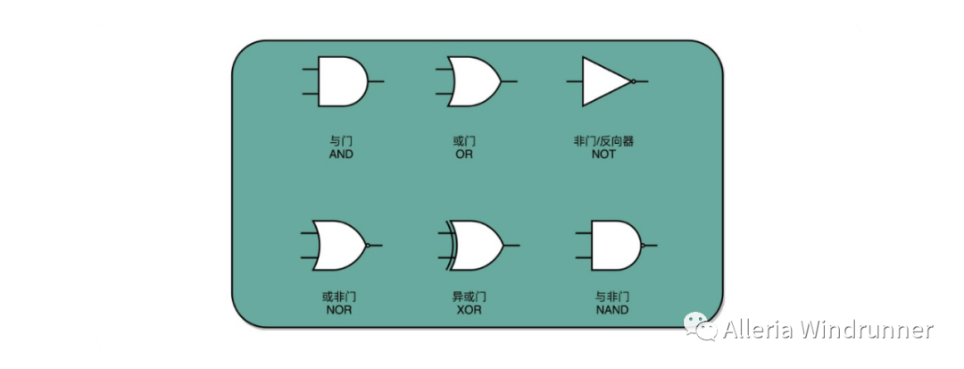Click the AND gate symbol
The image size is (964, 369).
[x=343, y=81]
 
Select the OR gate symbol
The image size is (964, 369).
[x=474, y=81]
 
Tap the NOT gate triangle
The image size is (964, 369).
[x=604, y=81]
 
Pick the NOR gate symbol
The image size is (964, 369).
[x=340, y=245]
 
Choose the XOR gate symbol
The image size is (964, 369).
[x=475, y=245]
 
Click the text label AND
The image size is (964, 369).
[x=341, y=155]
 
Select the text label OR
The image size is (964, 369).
[x=464, y=155]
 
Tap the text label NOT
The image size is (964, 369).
[x=603, y=155]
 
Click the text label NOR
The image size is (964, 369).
[x=338, y=310]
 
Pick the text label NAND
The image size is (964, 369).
[x=612, y=310]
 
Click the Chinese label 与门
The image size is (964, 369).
[x=341, y=141]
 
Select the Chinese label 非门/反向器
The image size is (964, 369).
[x=603, y=141]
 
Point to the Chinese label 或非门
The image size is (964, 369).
[x=338, y=297]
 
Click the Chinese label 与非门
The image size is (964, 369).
[x=612, y=297]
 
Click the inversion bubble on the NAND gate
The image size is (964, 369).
[x=644, y=245]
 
